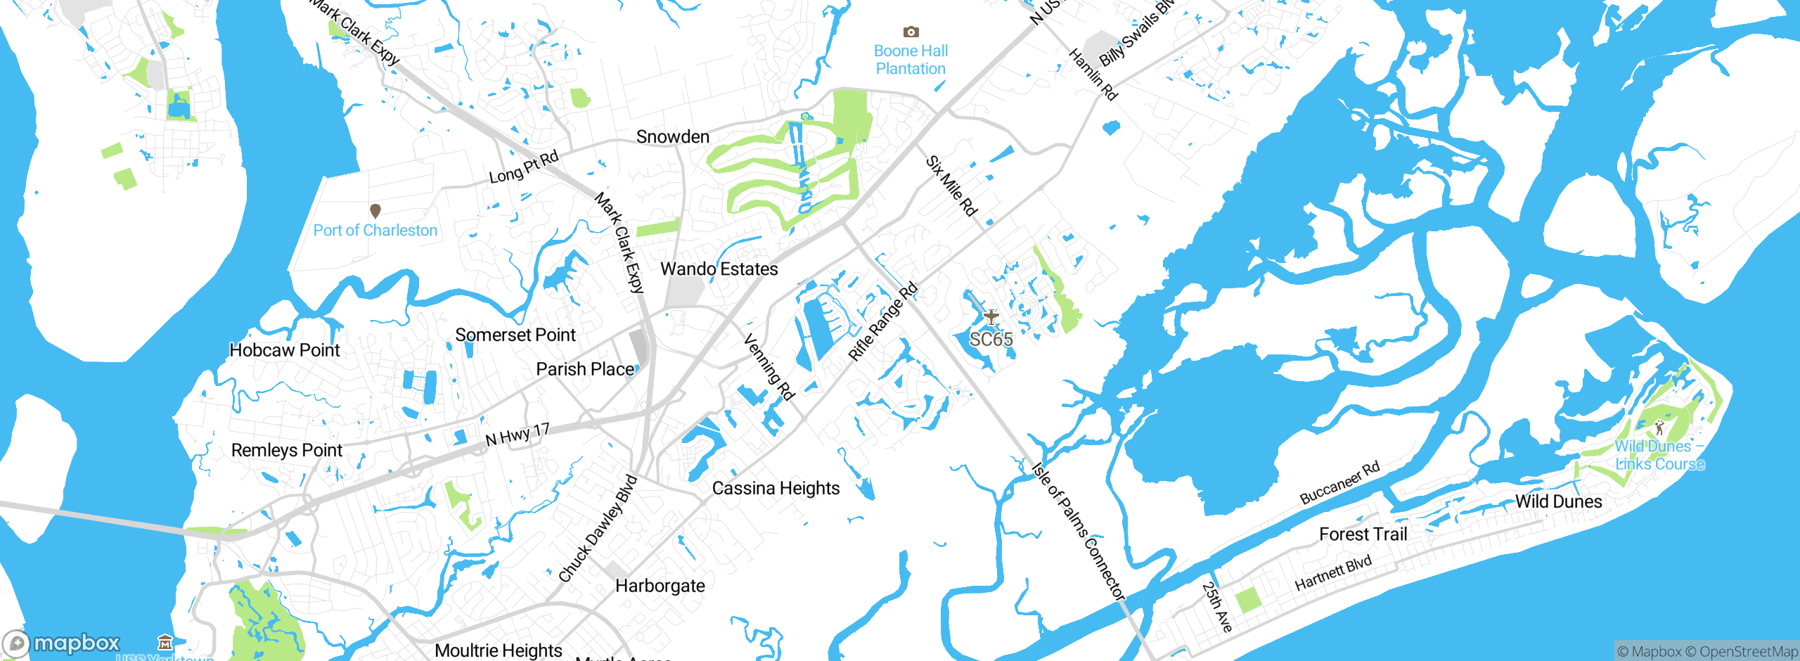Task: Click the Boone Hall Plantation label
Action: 911,60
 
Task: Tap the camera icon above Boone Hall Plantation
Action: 911,32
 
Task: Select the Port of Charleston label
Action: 375,231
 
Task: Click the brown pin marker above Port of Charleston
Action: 375,210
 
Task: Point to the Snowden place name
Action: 673,136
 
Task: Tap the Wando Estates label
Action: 719,269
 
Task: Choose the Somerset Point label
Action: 515,335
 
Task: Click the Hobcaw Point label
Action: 284,350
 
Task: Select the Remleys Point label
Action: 286,450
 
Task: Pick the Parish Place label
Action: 585,369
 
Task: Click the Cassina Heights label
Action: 776,488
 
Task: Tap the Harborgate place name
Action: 660,586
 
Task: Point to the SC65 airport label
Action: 991,340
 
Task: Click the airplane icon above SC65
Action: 991,316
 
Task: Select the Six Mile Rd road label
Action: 951,186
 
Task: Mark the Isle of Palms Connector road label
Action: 1079,531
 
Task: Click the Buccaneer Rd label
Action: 1339,483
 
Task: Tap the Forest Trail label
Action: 1363,534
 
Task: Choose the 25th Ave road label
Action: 1217,606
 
